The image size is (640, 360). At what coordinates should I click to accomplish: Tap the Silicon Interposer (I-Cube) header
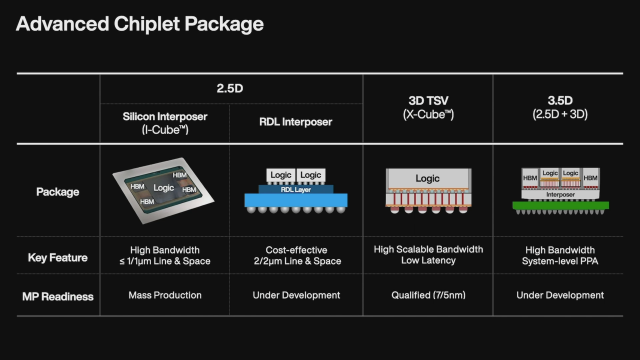(164, 124)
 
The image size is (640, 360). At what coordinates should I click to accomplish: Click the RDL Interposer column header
(294, 124)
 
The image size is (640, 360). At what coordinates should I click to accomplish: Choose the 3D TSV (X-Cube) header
(426, 106)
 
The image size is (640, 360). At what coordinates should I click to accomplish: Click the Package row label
(57, 191)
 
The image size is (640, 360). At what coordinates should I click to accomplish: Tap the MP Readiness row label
(57, 295)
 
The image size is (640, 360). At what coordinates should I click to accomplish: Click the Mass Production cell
(164, 295)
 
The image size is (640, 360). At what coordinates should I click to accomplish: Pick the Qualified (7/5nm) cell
(426, 295)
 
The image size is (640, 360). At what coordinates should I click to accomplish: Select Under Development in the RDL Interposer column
(294, 295)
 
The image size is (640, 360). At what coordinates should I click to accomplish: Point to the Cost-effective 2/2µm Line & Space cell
(294, 255)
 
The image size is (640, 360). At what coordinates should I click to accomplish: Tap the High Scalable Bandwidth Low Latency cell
(426, 255)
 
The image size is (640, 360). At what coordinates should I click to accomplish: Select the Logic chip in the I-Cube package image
(164, 187)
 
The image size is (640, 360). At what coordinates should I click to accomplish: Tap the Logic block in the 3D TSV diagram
(426, 178)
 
